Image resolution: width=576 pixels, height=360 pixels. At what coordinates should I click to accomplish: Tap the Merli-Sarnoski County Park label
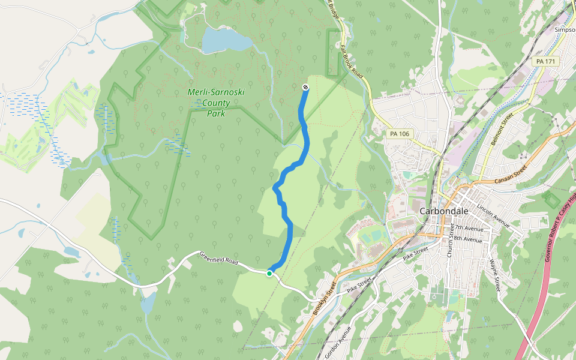click(x=216, y=103)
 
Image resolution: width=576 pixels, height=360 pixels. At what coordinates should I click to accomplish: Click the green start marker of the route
click(x=269, y=274)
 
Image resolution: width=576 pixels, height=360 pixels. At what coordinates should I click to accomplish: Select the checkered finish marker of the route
click(x=305, y=88)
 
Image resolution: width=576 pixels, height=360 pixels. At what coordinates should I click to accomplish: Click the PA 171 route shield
click(x=545, y=62)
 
